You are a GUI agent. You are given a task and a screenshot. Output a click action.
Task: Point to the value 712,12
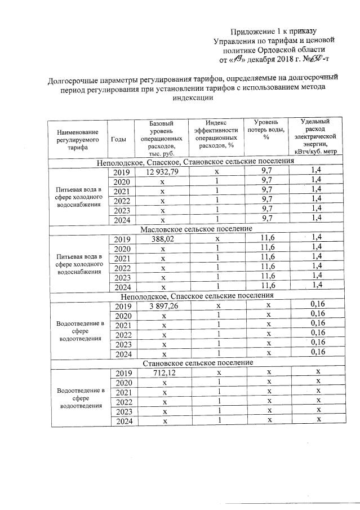(163, 373)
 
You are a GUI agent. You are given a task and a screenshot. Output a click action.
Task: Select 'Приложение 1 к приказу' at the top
(274, 30)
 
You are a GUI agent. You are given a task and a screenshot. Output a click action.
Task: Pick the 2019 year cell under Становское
(122, 373)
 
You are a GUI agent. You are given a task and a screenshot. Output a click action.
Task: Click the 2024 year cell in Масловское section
(122, 286)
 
